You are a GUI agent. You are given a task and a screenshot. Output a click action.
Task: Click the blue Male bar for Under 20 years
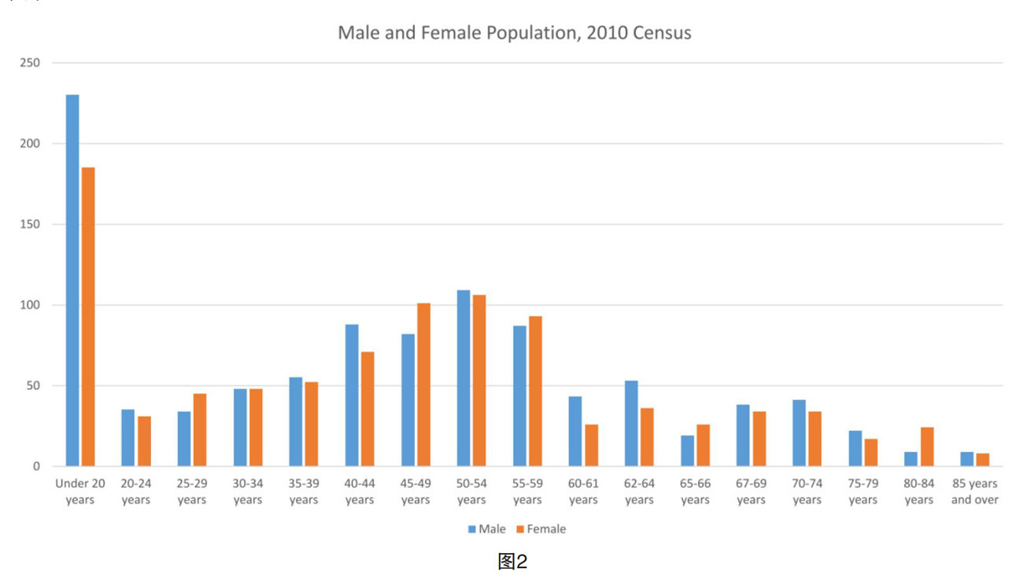72,280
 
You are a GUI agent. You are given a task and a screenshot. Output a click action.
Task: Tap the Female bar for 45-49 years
423,384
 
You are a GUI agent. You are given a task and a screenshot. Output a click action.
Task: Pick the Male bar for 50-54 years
463,378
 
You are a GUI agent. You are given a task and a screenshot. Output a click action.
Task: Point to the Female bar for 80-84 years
927,447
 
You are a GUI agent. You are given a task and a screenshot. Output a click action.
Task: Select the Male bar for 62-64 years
631,424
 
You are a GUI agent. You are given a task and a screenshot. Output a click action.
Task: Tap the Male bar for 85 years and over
966,459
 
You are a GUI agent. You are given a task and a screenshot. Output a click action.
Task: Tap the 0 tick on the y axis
37,466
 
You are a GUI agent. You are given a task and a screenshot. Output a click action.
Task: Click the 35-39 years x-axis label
304,492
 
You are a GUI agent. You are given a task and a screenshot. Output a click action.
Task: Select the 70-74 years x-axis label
807,492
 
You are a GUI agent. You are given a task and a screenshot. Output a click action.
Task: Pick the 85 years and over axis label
975,492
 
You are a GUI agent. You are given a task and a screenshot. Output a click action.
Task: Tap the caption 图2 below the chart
513,560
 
